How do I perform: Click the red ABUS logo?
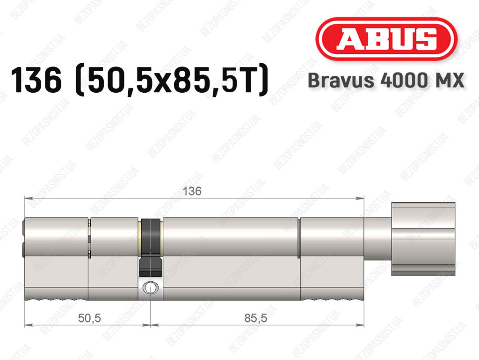(386, 38)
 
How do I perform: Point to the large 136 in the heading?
(36, 80)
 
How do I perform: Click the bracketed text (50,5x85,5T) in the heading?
(172, 80)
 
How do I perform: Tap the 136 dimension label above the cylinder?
(192, 191)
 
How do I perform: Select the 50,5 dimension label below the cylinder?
(89, 318)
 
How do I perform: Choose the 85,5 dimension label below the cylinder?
(255, 318)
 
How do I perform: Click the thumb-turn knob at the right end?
(423, 239)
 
